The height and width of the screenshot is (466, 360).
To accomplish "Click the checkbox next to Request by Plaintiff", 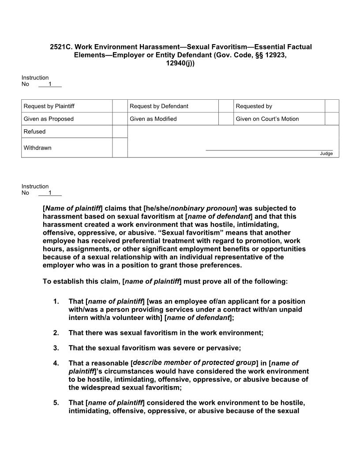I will [x=120, y=106].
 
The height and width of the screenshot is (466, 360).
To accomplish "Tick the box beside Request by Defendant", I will [x=226, y=106].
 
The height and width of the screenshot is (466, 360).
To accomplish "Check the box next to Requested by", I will [x=332, y=106].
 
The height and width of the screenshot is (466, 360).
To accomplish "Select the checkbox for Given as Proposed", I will [x=120, y=119].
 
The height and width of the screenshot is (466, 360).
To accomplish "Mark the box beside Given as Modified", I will [x=226, y=119].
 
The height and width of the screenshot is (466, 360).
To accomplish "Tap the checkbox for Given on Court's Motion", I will [x=332, y=119].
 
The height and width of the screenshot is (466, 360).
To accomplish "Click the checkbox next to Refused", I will [x=120, y=132].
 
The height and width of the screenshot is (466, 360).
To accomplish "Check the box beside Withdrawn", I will [x=120, y=147].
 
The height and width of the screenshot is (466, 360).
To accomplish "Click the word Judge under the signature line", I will [x=326, y=154].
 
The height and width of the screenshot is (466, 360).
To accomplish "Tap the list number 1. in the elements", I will [x=56, y=301].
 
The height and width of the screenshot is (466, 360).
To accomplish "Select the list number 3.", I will [x=56, y=348].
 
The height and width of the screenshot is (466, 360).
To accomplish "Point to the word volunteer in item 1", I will [x=125, y=317].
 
